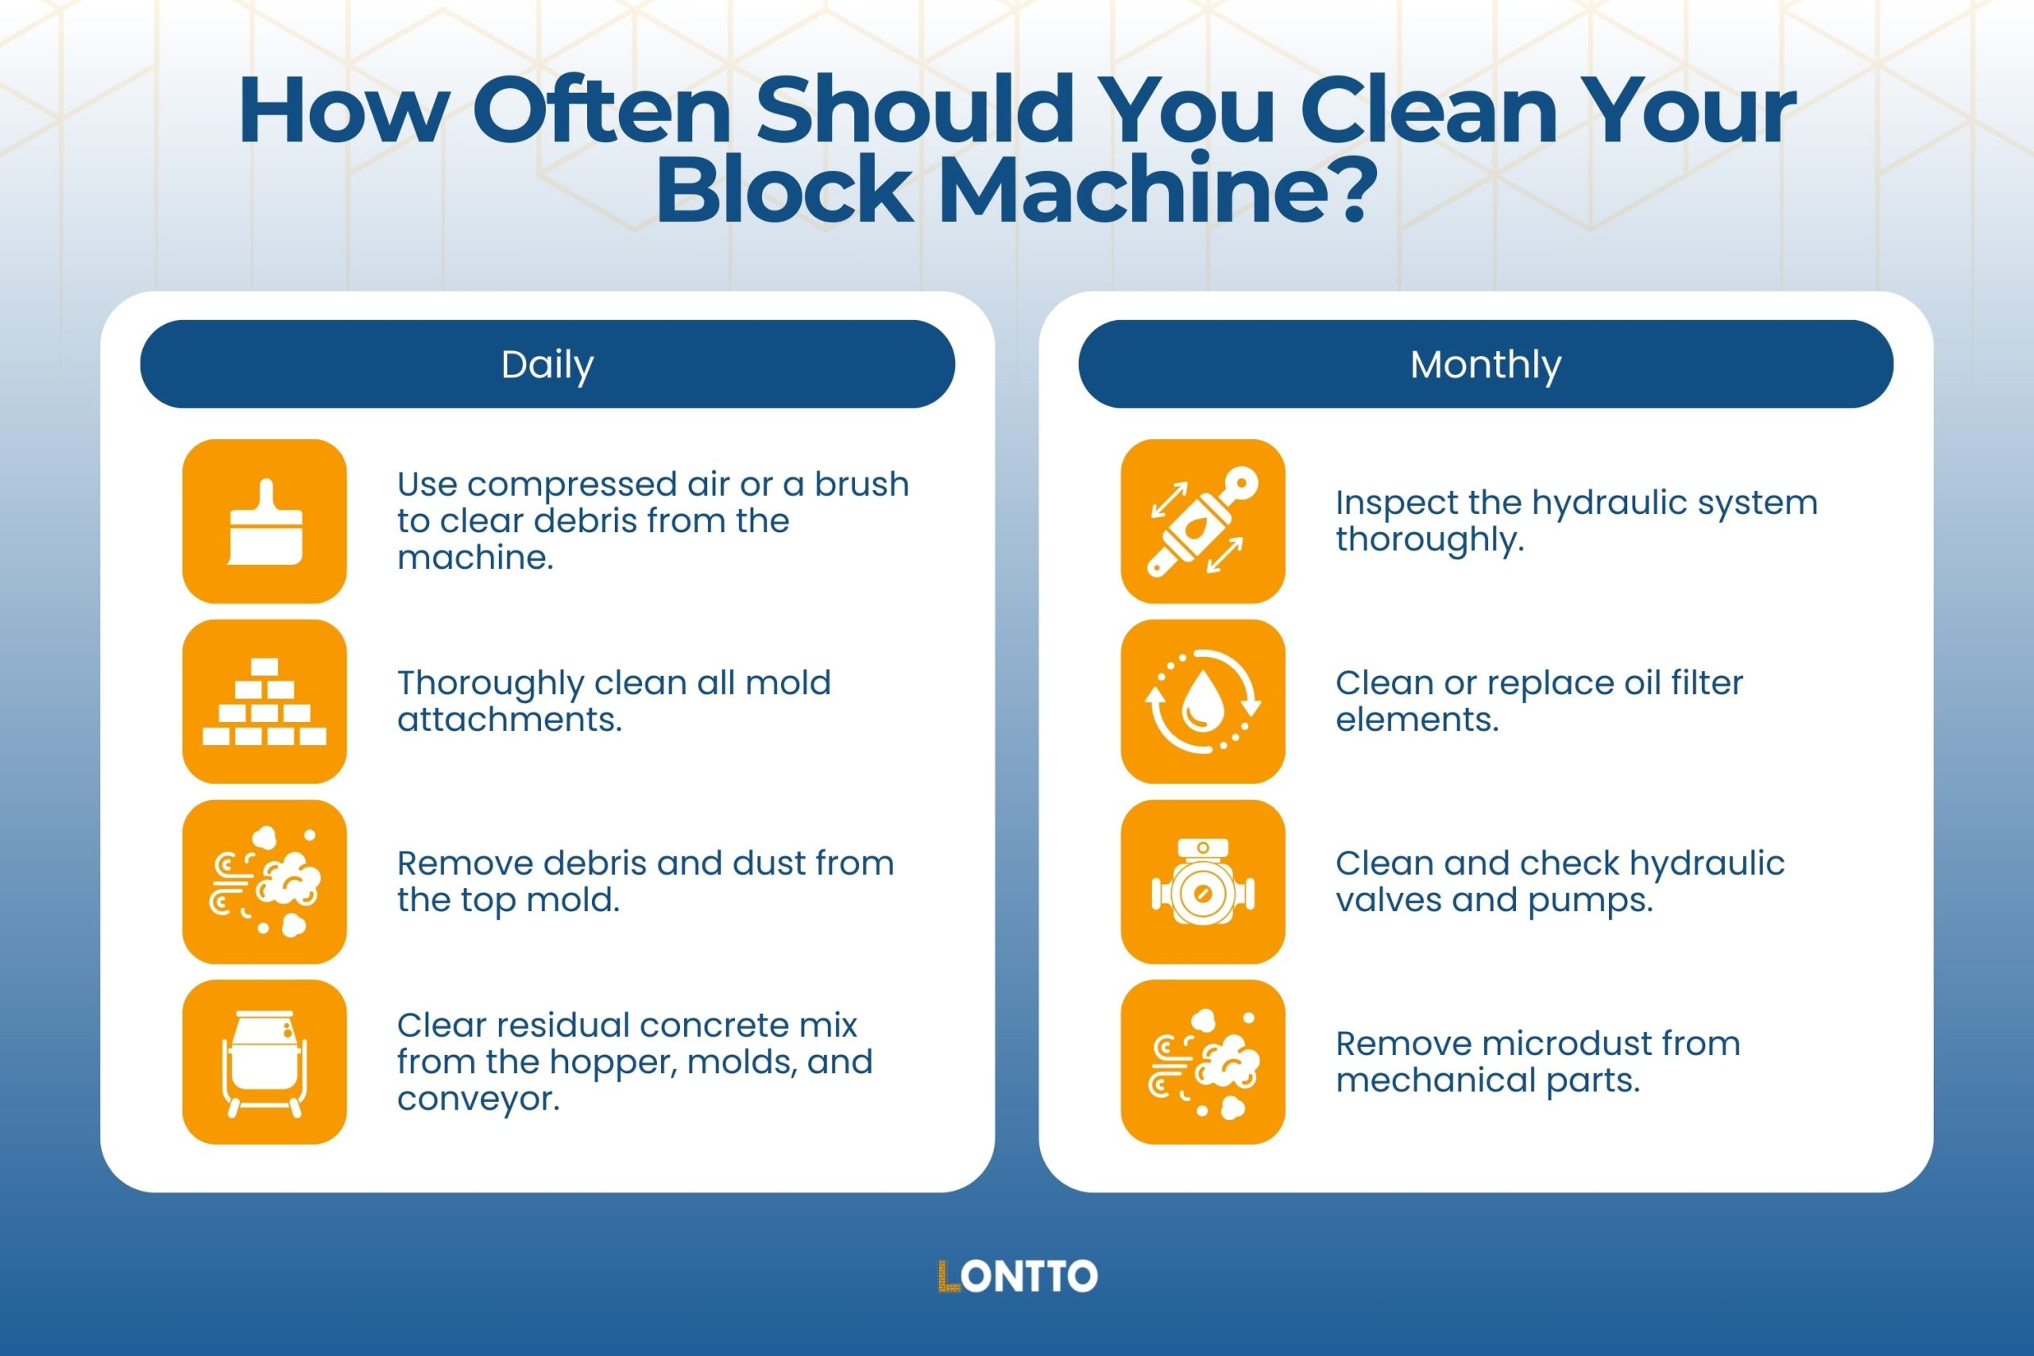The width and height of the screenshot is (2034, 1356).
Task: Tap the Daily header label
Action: tap(547, 365)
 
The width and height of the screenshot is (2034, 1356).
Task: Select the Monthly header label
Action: tap(1485, 365)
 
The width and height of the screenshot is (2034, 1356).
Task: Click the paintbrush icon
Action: tap(265, 521)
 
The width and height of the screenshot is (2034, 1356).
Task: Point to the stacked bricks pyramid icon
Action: tap(265, 701)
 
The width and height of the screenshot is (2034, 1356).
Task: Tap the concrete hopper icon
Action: tap(265, 1062)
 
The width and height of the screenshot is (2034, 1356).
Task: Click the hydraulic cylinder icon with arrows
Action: tap(1202, 521)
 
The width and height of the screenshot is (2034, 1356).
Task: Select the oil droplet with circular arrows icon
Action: tap(1202, 701)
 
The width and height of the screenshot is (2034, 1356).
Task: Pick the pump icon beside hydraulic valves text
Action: tap(1202, 882)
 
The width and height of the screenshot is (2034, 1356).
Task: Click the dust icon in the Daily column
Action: tap(265, 882)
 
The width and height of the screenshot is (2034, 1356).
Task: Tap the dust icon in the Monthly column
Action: tap(1202, 1062)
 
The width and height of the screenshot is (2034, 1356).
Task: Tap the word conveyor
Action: tap(478, 1099)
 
